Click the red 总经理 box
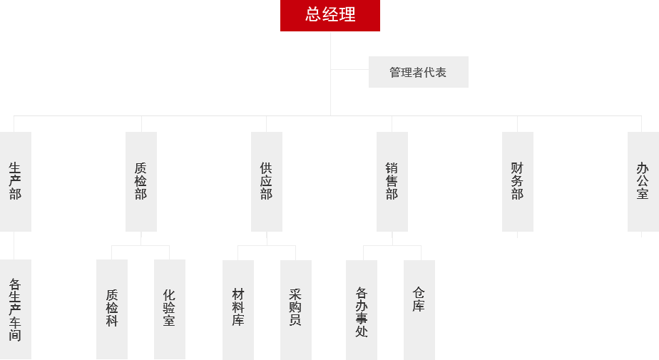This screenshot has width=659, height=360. pyautogui.click(x=330, y=15)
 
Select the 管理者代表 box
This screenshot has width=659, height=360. pyautogui.click(x=418, y=72)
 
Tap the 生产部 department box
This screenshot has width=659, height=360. pyautogui.click(x=16, y=181)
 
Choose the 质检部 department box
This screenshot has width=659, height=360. pyautogui.click(x=141, y=181)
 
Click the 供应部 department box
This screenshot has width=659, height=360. pyautogui.click(x=267, y=181)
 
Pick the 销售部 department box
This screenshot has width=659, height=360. pyautogui.click(x=392, y=181)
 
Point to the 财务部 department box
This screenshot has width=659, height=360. pyautogui.click(x=518, y=181)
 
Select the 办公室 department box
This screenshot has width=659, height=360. pyautogui.click(x=643, y=181)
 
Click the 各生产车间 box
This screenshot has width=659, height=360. pyautogui.click(x=16, y=309)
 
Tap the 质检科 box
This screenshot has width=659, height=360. pyautogui.click(x=112, y=309)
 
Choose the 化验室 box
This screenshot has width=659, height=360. pyautogui.click(x=170, y=309)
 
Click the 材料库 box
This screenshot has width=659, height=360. pyautogui.click(x=238, y=309)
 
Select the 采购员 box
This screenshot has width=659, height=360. pyautogui.click(x=296, y=309)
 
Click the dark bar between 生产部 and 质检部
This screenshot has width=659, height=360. pyautogui.click(x=78, y=180)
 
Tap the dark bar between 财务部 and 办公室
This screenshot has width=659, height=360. pyautogui.click(x=581, y=180)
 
